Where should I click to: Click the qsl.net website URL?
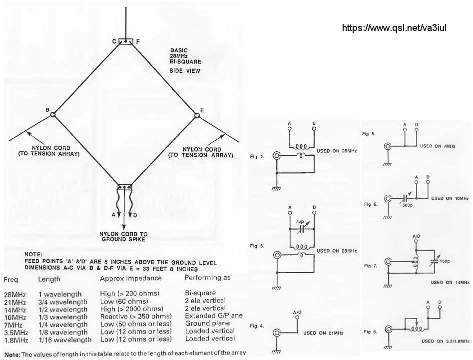tap(394, 28)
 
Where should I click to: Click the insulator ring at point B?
tap(53, 115)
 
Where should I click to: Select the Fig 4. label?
tap(257, 327)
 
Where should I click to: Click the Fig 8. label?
tap(371, 332)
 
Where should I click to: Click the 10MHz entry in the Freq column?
tap(14, 316)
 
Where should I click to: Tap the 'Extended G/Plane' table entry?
tap(210, 316)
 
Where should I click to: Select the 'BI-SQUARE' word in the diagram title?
tap(183, 64)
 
